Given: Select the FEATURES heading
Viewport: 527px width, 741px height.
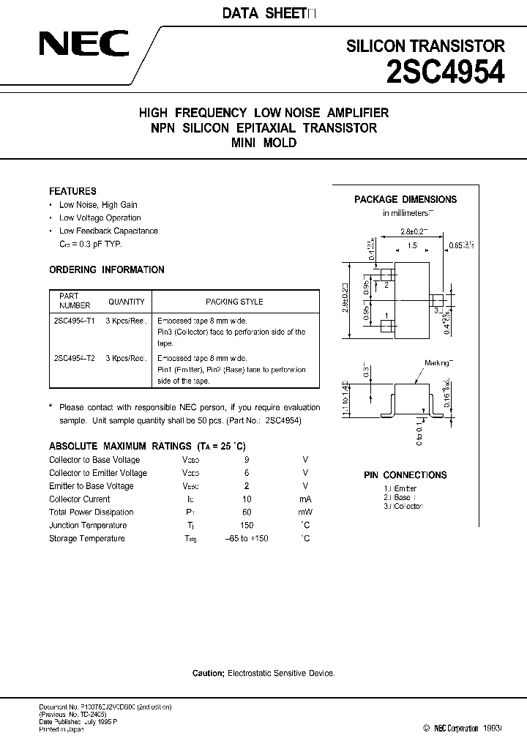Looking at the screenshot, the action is tap(72, 191).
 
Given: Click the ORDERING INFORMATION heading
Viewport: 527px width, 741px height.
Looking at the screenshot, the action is tap(107, 269).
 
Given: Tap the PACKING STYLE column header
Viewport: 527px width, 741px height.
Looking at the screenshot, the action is tap(234, 302).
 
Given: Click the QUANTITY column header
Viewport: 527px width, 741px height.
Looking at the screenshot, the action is tap(127, 302).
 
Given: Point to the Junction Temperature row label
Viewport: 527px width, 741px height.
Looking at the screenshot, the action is tap(88, 525).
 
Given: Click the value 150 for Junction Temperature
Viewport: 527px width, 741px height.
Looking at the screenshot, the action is tap(247, 525).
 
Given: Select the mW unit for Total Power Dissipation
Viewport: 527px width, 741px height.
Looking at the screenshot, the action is tap(304, 512).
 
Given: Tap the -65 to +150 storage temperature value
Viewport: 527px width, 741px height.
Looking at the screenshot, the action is tap(247, 538).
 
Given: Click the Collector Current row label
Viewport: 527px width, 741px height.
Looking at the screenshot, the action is tap(80, 499).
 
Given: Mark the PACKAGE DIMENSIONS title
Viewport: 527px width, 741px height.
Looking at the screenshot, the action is tap(405, 199).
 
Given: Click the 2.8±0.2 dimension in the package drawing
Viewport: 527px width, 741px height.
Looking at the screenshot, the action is tap(414, 231).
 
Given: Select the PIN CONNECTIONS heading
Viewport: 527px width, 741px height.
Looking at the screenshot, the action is tap(405, 474).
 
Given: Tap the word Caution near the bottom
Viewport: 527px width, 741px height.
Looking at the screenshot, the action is tap(209, 672).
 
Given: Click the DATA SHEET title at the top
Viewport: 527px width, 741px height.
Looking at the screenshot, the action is tap(263, 12).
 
